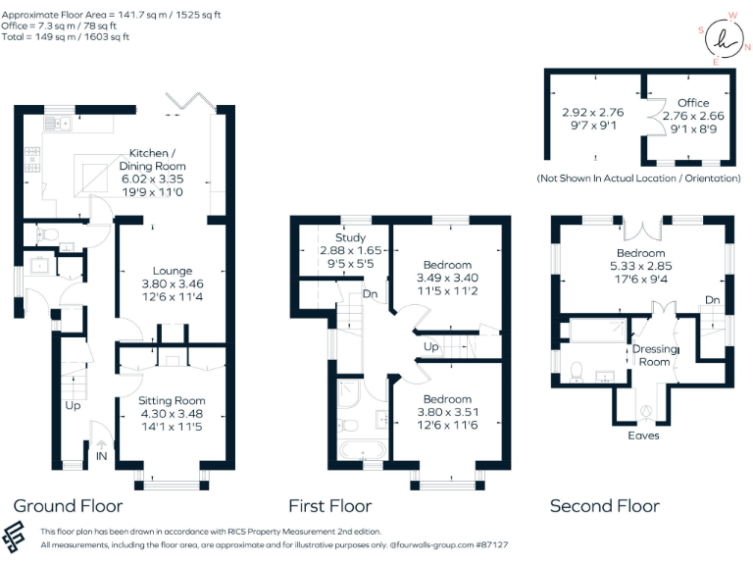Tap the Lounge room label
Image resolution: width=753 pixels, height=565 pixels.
[x=172, y=271]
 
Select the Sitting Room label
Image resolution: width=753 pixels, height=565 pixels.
[x=172, y=400]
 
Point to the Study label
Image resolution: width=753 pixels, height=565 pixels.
[x=351, y=238]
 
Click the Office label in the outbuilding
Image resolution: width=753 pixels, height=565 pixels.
[x=692, y=103]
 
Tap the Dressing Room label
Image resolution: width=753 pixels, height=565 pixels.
[x=655, y=355]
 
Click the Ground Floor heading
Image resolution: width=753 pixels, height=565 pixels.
[x=68, y=506]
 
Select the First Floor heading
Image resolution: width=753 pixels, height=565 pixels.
[x=329, y=506]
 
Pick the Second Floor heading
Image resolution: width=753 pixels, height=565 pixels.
[x=604, y=506]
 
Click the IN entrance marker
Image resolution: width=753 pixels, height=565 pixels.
[x=102, y=456]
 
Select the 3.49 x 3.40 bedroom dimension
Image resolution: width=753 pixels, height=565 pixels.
[x=447, y=279]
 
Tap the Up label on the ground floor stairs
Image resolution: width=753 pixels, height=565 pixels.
[x=73, y=404]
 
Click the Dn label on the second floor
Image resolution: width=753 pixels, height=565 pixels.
[x=713, y=300]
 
